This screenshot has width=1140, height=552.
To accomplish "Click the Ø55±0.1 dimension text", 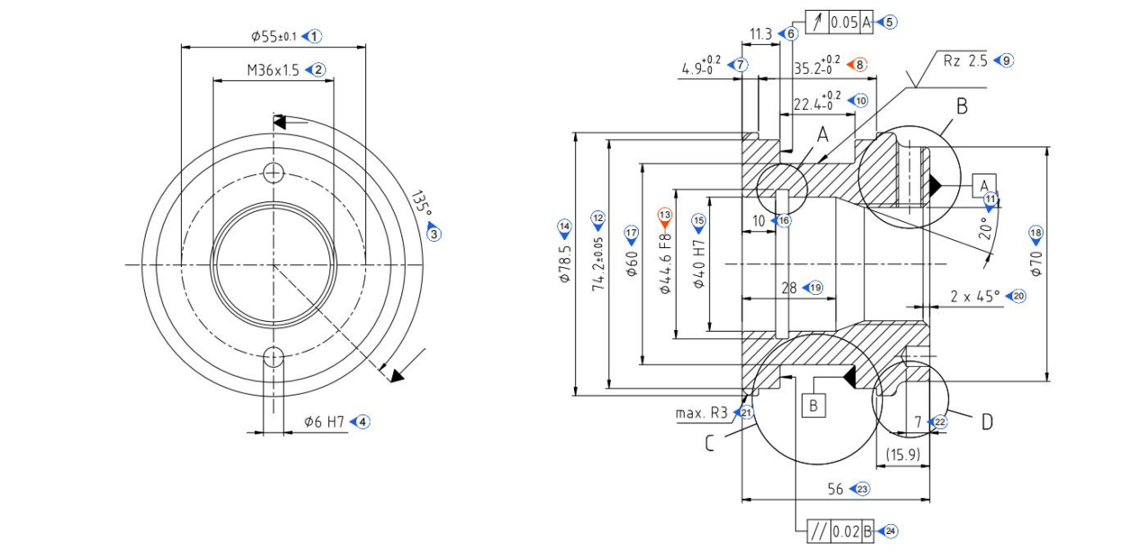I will point(274,37).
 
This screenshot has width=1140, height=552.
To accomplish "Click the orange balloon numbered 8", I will point(859,65).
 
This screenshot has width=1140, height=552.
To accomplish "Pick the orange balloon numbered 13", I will point(665,216).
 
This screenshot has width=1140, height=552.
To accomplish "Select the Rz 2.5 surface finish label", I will point(965,60).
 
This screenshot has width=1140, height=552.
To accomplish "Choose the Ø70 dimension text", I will point(1036,263).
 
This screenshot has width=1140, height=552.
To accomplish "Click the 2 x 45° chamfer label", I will point(974,296).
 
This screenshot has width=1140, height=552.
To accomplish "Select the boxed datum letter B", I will point(812,405).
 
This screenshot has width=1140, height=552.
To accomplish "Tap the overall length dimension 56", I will point(836,489).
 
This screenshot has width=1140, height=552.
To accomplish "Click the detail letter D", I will point(987,422).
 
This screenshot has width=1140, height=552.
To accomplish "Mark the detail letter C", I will point(709,443).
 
